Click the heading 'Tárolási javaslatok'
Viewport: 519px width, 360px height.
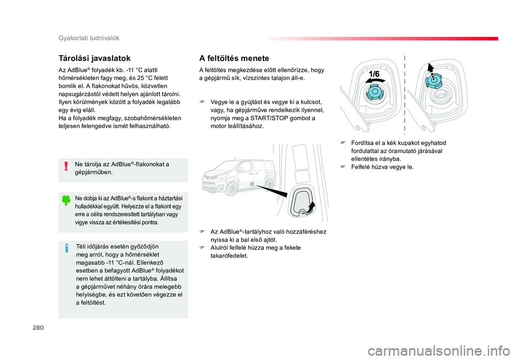94,58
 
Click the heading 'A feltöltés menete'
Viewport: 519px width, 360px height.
234,58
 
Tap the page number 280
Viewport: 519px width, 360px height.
38,328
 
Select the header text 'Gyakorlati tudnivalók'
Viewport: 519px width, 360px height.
89,38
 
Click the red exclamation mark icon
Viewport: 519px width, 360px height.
66,166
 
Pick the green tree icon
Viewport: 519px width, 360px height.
66,200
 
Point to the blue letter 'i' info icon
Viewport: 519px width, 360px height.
66,248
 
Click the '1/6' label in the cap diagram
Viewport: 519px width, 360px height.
375,74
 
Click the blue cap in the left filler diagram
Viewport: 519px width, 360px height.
375,92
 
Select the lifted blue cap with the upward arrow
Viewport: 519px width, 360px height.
433,80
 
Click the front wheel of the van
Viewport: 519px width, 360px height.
231,190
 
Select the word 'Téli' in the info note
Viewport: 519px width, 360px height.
82,246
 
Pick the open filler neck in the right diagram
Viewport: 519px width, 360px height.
441,95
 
